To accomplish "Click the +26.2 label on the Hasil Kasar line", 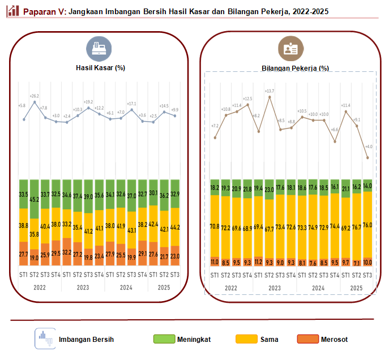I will click(35, 96).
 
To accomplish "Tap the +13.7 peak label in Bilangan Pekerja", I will click(270, 91).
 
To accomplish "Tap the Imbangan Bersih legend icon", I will click(44, 338).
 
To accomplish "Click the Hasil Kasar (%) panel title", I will click(100, 68).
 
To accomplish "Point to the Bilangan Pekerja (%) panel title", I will click(295, 68).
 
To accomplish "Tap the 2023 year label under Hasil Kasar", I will click(83, 288).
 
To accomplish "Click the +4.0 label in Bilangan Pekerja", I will click(368, 148).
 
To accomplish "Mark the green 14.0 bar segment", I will click(367, 186).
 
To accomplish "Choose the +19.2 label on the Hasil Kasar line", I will click(89, 102).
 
